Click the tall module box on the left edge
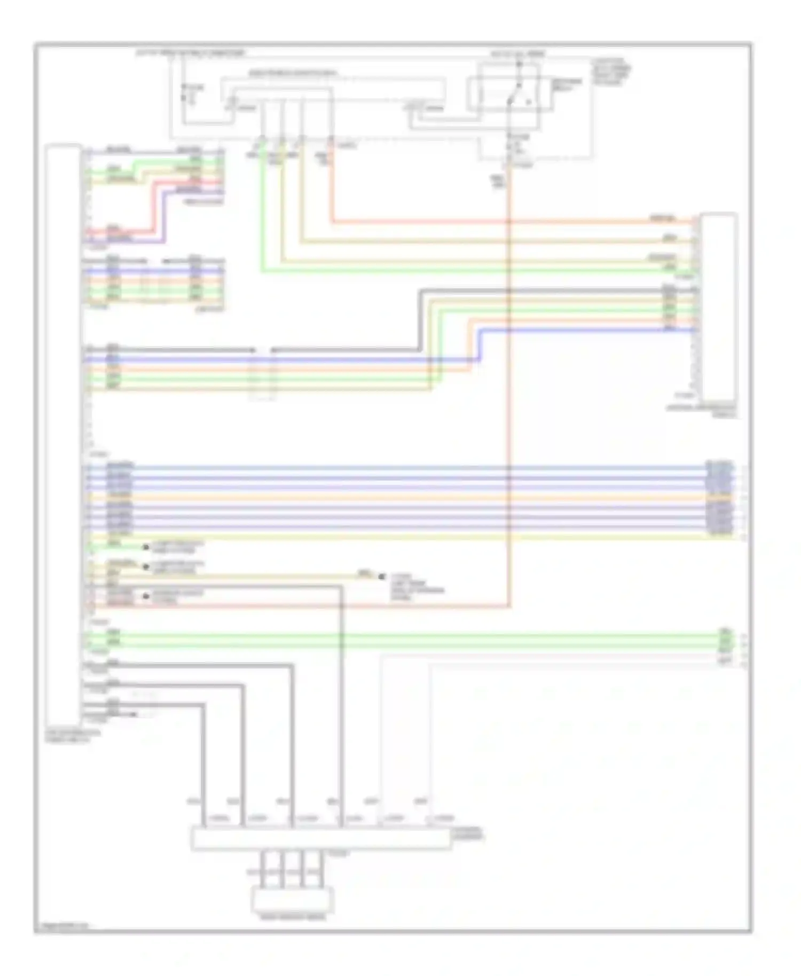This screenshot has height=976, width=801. (x=63, y=432)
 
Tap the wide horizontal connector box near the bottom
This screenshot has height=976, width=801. (x=320, y=839)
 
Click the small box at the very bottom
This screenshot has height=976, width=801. (x=292, y=901)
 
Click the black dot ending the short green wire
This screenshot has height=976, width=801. (x=145, y=547)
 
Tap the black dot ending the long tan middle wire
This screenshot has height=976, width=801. (x=381, y=577)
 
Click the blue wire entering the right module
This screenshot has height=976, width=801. (x=587, y=330)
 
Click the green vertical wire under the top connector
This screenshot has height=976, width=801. (x=262, y=214)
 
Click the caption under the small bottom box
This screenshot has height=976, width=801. (x=292, y=918)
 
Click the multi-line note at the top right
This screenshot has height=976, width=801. (x=611, y=72)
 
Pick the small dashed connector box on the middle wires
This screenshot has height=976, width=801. (x=264, y=374)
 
